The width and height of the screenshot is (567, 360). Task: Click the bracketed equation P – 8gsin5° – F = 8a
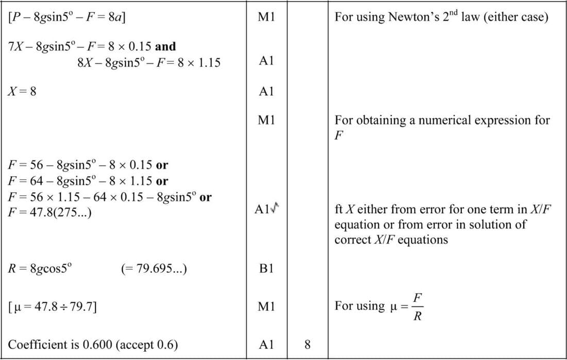(68, 17)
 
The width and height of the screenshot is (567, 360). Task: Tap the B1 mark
(266, 269)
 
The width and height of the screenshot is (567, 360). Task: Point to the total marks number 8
(307, 345)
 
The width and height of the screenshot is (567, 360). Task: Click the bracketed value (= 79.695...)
(154, 269)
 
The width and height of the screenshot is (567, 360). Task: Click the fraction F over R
(418, 306)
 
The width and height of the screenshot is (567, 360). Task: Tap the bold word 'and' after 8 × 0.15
(165, 46)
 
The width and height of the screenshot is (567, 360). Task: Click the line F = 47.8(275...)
(50, 212)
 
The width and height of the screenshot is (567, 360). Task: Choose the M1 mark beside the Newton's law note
(266, 17)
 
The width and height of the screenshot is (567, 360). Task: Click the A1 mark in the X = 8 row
(266, 92)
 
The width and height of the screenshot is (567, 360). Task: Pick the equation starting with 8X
(148, 63)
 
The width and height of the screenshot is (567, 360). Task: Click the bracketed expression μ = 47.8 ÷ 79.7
(54, 307)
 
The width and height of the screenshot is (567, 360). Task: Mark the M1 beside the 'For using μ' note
(266, 307)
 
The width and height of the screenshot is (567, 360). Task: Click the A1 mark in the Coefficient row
(266, 345)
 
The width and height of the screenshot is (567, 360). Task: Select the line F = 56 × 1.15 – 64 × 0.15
(103, 197)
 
